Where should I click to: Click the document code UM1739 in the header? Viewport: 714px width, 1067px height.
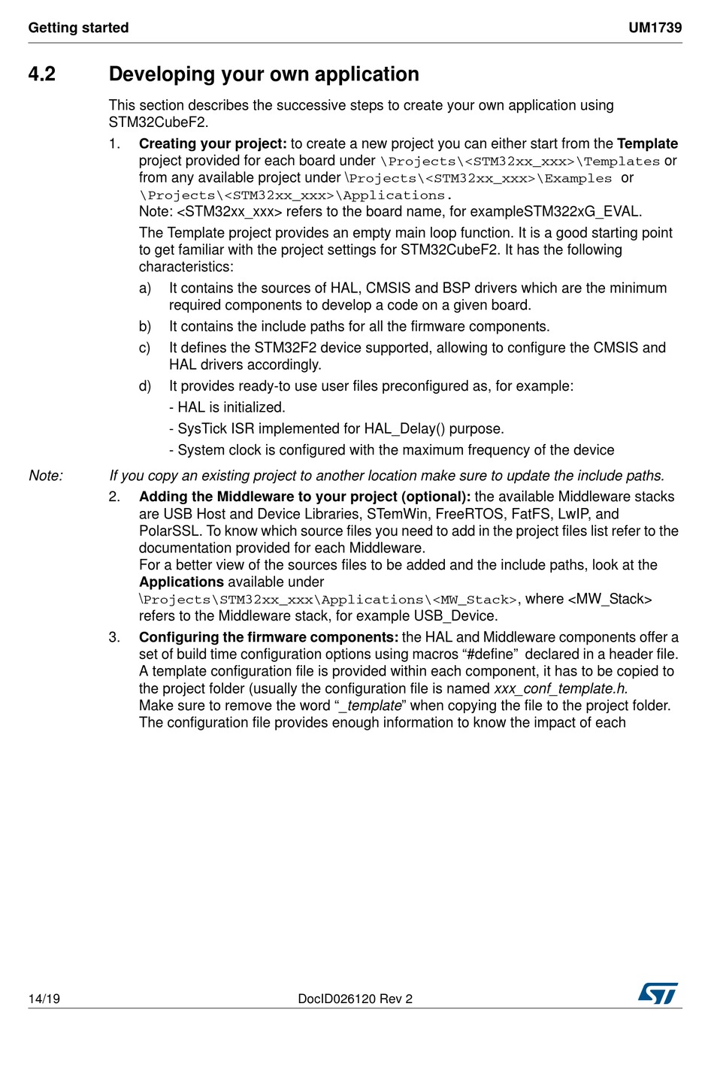coord(655,28)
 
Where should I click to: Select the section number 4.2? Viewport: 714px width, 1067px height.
coord(42,74)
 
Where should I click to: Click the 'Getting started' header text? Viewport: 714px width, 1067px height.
coord(78,28)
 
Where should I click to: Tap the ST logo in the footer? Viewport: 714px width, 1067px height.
coord(658,993)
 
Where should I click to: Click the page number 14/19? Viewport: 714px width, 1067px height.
coord(44,999)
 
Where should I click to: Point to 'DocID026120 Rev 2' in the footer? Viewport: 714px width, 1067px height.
coord(355,999)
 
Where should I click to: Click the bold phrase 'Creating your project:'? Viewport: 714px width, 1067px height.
coord(213,144)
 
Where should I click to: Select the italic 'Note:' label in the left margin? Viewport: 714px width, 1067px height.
coord(46,476)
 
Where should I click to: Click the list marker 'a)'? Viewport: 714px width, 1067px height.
coord(145,288)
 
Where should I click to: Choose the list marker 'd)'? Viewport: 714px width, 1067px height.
coord(145,386)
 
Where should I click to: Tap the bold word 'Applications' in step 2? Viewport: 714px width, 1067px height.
coord(181,582)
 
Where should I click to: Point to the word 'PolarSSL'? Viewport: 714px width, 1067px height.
coord(169,531)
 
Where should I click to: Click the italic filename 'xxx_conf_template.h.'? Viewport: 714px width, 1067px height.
coord(561,689)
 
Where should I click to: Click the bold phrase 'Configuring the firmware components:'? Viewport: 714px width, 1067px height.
coord(268,637)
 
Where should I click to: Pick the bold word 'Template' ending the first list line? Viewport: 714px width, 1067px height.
coord(647,144)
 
